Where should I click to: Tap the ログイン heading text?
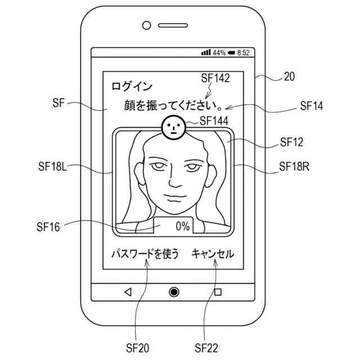pyautogui.click(x=132, y=86)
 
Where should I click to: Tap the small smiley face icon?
pyautogui.click(x=173, y=128)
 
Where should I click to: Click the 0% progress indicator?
pyautogui.click(x=182, y=227)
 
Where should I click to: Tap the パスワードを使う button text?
pyautogui.click(x=145, y=254)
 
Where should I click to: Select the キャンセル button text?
pyautogui.click(x=213, y=254)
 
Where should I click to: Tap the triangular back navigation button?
pyautogui.click(x=128, y=291)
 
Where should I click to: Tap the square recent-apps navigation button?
pyautogui.click(x=218, y=291)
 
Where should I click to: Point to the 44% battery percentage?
pyautogui.click(x=219, y=53)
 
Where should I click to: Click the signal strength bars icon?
pyautogui.click(x=206, y=53)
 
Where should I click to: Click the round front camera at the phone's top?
pyautogui.click(x=147, y=25)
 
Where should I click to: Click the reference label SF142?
pyautogui.click(x=214, y=79)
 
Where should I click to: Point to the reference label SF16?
pyautogui.click(x=48, y=227)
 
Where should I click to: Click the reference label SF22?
pyautogui.click(x=206, y=348)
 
